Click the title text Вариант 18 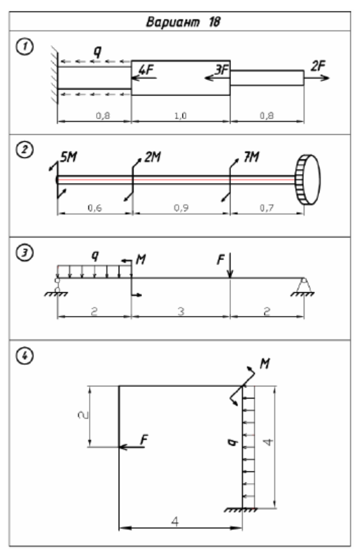click(x=183, y=22)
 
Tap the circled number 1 click(x=25, y=47)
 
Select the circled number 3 click(x=25, y=253)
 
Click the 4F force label click(x=146, y=69)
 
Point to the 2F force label click(x=318, y=66)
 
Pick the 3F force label click(x=222, y=70)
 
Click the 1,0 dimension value click(x=180, y=115)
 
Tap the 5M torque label click(x=68, y=157)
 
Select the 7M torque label click(x=251, y=157)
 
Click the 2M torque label click(x=153, y=157)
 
